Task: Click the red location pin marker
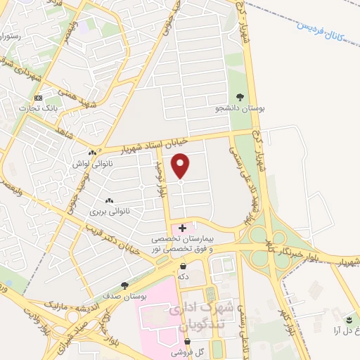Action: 181,167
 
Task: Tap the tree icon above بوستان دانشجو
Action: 241,98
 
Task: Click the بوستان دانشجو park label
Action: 242,110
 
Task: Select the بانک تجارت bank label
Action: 38,108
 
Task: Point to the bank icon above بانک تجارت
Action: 38,97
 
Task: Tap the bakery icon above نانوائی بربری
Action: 109,200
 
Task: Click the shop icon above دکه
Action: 184,266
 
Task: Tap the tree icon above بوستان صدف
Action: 124,285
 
